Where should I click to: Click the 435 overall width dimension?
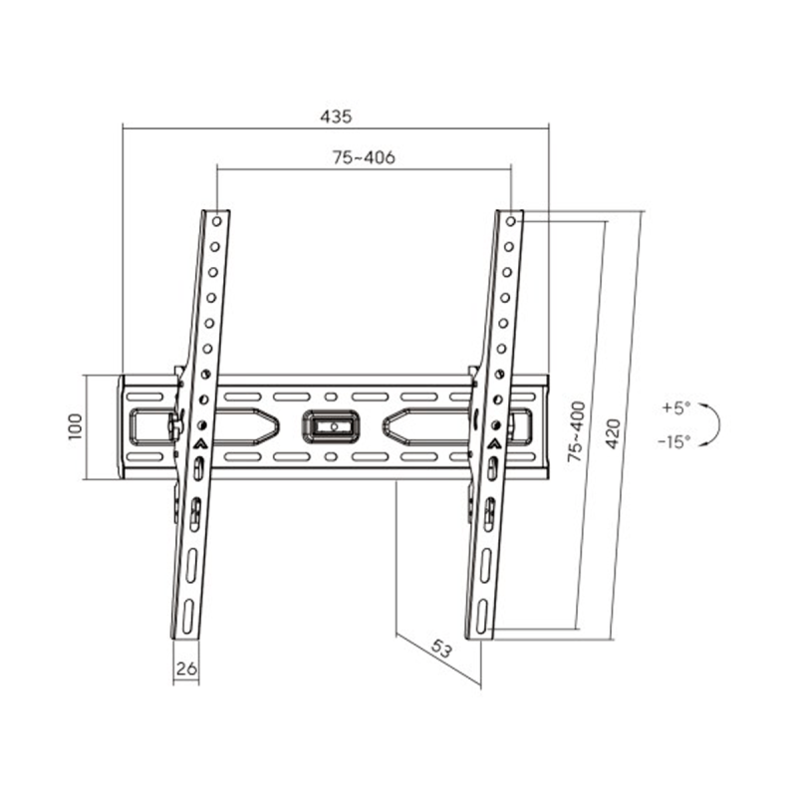click(336, 116)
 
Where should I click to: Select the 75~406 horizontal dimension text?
click(364, 157)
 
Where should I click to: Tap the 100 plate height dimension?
click(73, 427)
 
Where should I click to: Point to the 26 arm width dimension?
click(185, 670)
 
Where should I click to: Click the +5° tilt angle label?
click(673, 407)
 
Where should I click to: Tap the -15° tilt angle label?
click(673, 441)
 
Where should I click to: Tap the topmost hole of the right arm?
click(511, 219)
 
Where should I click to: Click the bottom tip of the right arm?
click(481, 636)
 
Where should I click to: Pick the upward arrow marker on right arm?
click(494, 443)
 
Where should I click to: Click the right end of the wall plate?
click(544, 426)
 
